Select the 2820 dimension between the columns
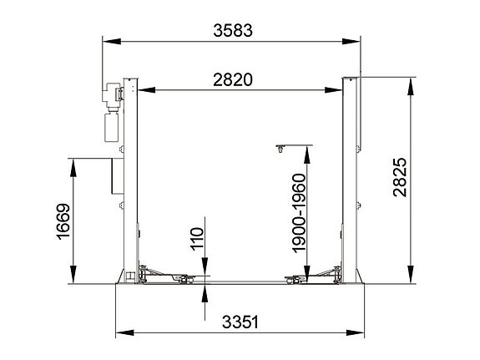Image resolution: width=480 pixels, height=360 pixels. point(233,80)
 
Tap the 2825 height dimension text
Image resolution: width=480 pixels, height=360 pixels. point(398,178)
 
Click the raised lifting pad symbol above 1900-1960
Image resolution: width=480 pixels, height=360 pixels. point(279,149)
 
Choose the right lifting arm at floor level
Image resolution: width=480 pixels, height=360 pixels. point(312,274)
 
